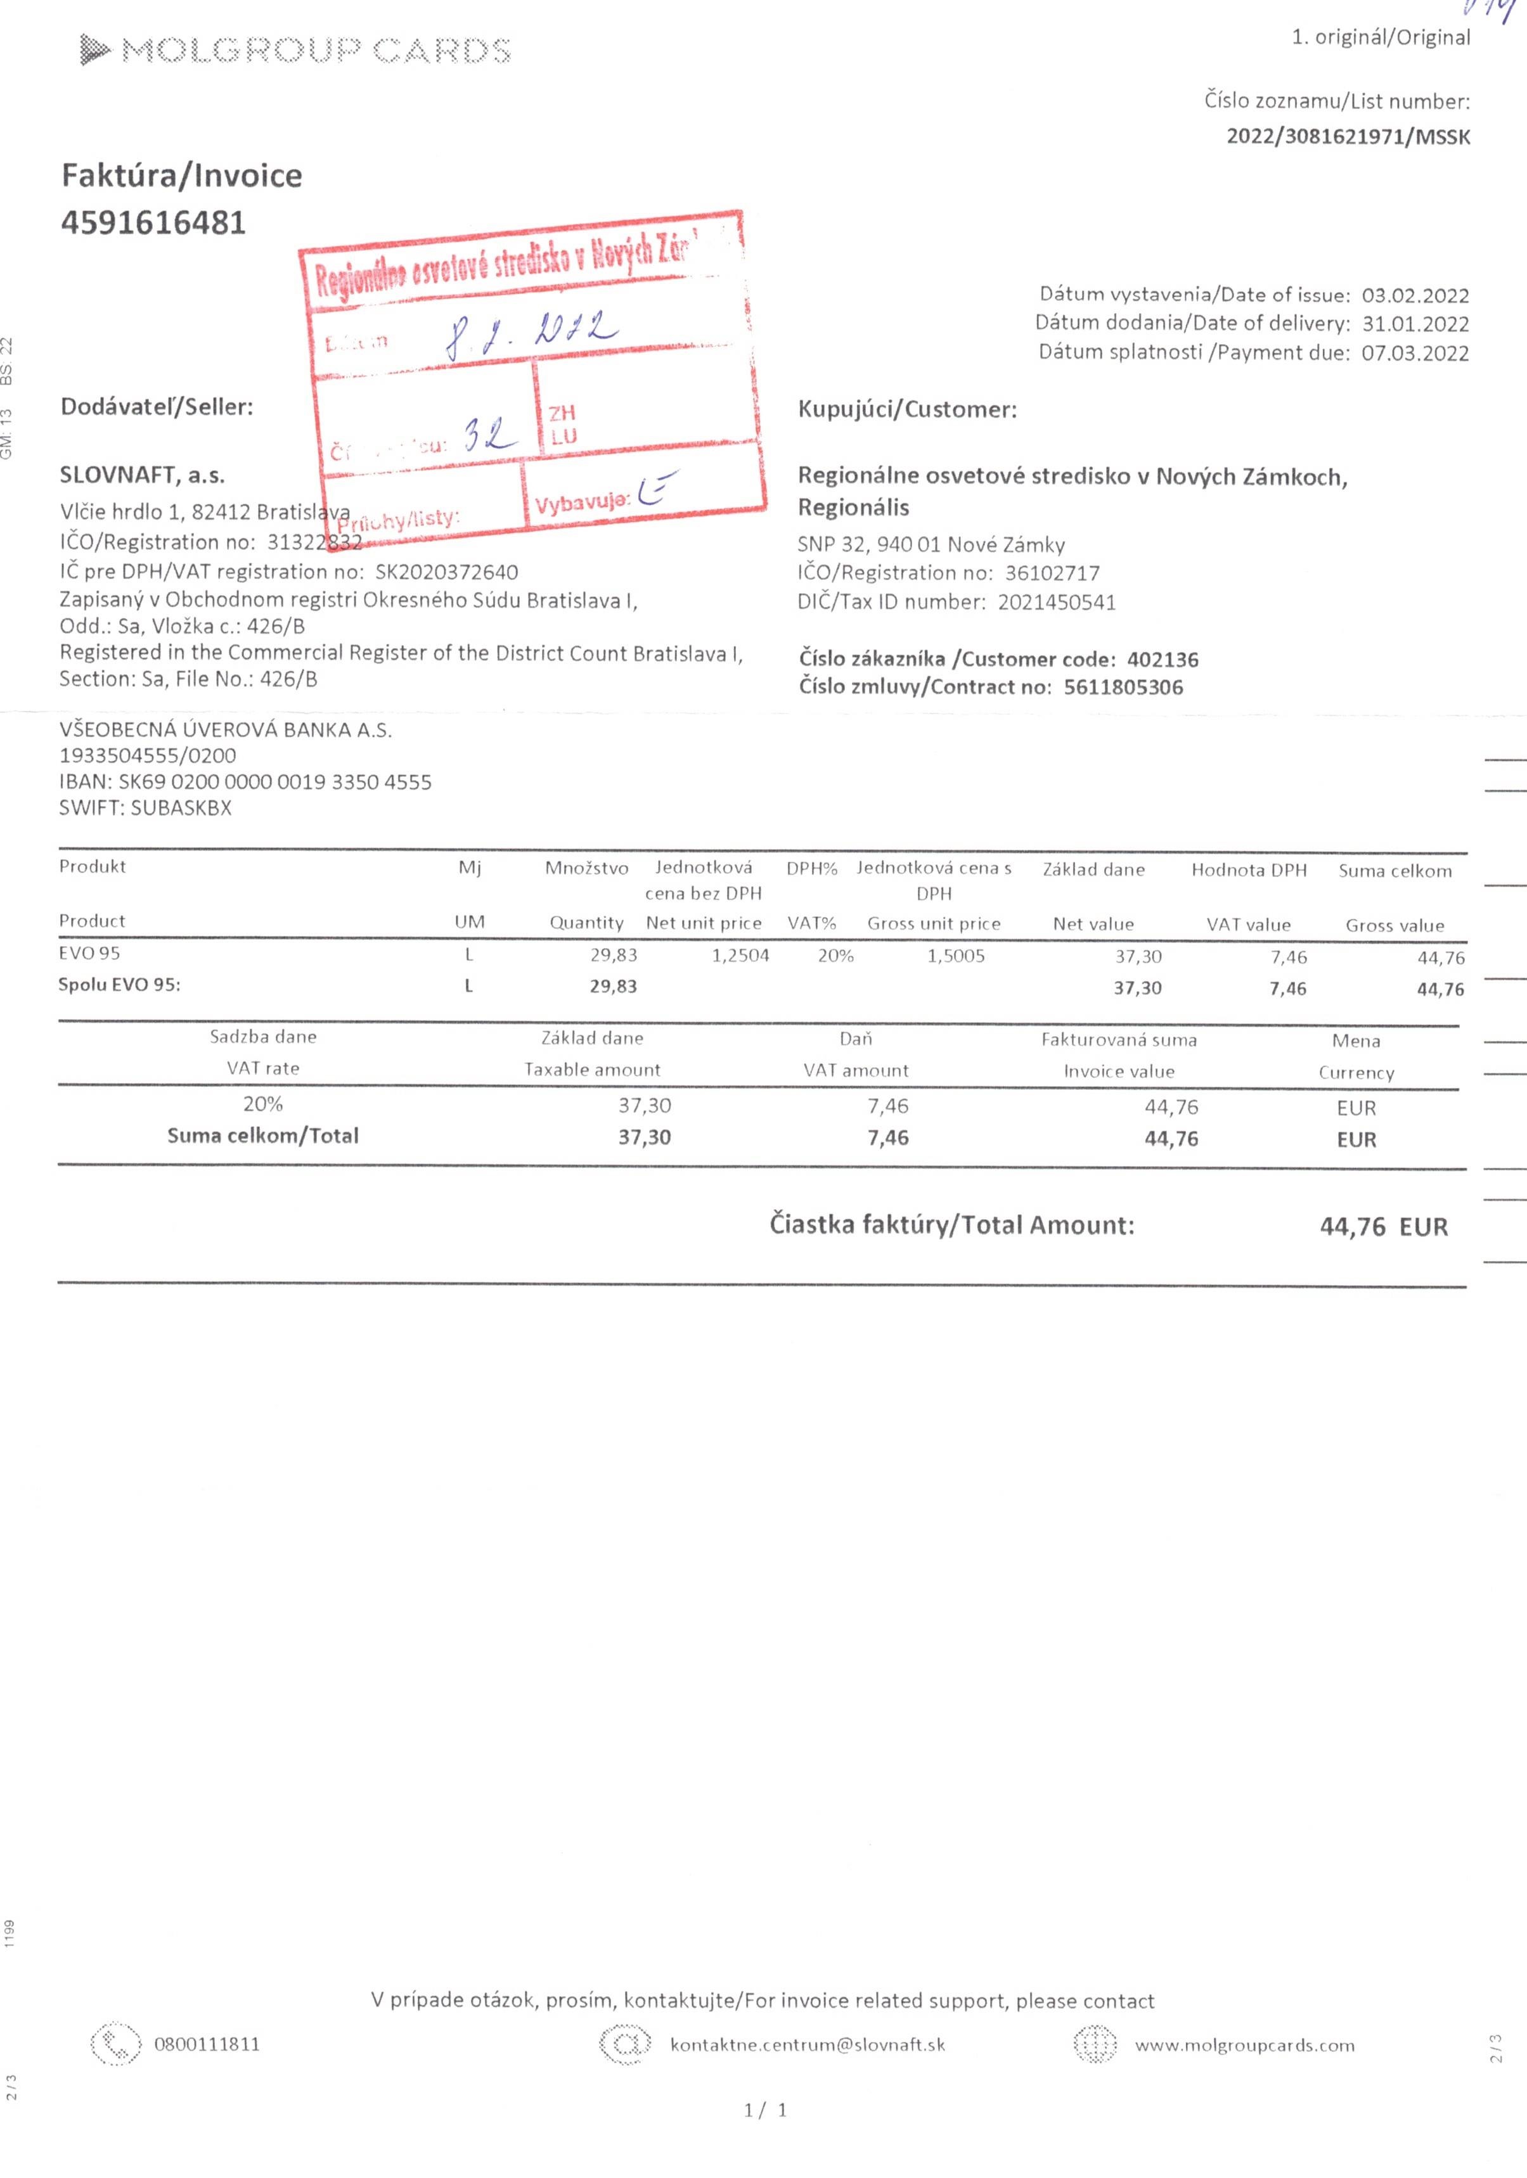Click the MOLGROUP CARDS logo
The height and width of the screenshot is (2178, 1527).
[295, 49]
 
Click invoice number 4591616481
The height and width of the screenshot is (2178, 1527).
[154, 223]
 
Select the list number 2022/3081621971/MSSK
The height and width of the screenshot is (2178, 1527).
[1348, 137]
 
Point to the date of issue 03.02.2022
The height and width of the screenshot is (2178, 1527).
[1415, 295]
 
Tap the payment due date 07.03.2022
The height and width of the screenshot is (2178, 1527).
[1415, 353]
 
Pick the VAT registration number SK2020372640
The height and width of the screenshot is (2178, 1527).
[447, 572]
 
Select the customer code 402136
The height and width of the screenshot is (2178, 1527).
[1163, 659]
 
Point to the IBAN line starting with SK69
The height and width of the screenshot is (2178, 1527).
[245, 783]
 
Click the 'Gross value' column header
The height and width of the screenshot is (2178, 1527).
[1394, 926]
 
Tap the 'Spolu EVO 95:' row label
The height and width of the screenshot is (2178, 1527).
[120, 985]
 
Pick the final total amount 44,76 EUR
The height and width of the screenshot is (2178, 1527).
[1384, 1227]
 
